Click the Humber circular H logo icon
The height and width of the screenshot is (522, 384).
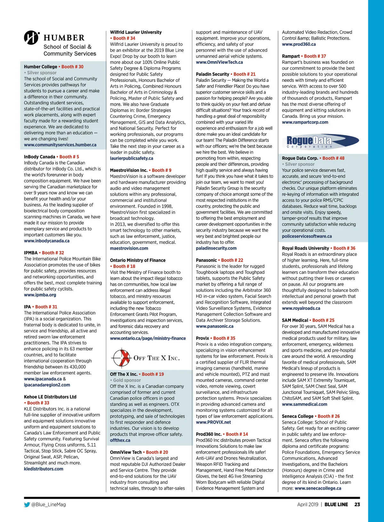31,38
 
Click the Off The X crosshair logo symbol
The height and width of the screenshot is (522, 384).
121,358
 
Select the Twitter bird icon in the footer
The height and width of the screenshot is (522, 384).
27,505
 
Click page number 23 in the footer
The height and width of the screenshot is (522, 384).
357,504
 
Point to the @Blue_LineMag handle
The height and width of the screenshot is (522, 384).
49,505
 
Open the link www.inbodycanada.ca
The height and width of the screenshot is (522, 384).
47,241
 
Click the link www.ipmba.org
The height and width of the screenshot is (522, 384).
40,295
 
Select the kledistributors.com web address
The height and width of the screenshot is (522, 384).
44,469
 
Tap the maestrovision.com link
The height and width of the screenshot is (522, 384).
129,248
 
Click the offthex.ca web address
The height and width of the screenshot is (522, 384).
120,440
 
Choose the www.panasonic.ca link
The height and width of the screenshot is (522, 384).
215,326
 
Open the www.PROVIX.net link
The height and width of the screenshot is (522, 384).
213,422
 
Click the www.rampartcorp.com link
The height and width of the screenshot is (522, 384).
305,122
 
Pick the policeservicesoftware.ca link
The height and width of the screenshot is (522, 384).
307,236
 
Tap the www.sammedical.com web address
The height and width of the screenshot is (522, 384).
304,405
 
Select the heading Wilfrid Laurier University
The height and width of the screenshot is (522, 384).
136,32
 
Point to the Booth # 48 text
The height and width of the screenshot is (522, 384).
333,158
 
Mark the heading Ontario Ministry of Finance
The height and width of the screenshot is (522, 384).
138,261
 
